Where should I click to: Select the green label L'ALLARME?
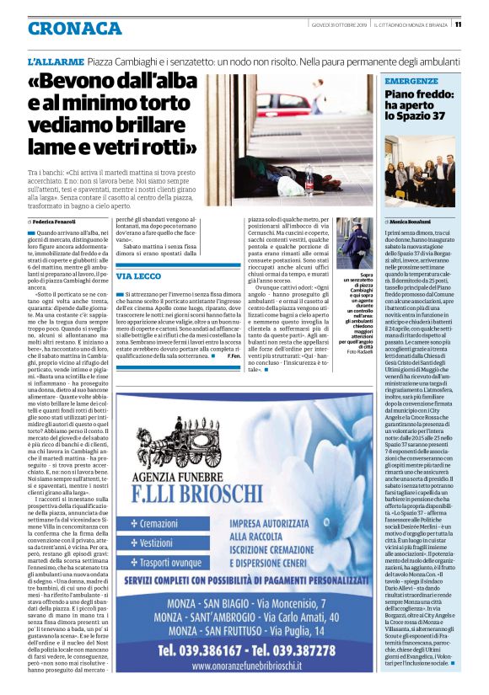tap(54, 63)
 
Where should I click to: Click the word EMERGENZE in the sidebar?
tap(411, 81)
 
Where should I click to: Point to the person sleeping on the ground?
tap(278, 173)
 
